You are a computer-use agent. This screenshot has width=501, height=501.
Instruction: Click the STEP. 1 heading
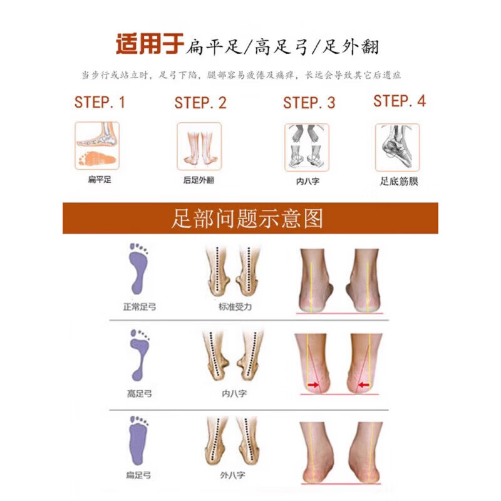100,102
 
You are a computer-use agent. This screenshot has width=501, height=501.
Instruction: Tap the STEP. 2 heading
200,103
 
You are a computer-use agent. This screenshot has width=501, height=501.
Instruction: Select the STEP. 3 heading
309,103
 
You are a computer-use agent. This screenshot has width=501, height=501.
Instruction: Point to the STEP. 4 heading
400,101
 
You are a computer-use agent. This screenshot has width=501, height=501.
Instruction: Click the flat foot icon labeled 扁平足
97,146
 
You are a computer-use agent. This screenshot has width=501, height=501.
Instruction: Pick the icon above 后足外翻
199,147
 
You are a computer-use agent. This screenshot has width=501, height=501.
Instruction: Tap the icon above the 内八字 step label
307,147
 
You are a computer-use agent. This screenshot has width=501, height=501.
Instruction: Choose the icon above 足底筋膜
397,147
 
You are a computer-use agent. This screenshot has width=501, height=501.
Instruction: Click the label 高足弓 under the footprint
138,394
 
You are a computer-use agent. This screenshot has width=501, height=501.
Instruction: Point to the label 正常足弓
139,307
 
